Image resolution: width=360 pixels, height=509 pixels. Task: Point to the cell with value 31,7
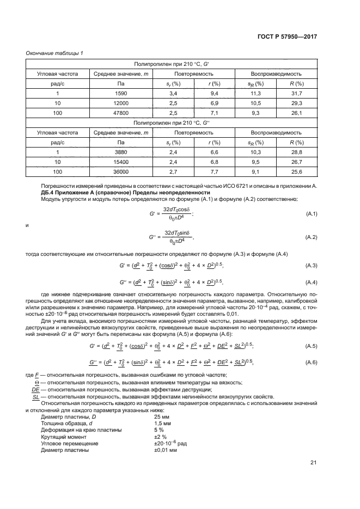pos(297,93)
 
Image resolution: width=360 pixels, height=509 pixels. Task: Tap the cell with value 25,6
pos(297,171)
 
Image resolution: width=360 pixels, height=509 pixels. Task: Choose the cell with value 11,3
pos(255,93)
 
